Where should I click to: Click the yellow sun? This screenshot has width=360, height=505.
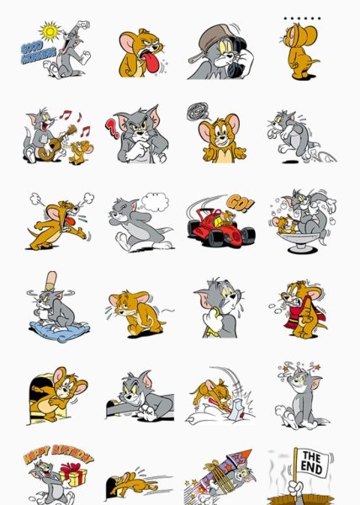click(50, 31)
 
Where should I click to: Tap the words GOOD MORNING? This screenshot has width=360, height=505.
click(38, 52)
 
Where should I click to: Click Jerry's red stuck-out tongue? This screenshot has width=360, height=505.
click(149, 62)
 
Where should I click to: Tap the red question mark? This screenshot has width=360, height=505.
click(112, 128)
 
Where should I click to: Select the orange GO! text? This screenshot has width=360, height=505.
click(240, 203)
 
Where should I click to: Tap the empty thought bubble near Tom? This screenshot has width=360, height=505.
click(155, 202)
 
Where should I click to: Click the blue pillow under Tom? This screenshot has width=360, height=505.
click(59, 331)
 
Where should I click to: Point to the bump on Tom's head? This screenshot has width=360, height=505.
click(50, 281)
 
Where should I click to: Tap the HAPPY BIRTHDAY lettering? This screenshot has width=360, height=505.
click(59, 454)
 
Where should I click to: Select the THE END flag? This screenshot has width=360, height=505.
click(313, 463)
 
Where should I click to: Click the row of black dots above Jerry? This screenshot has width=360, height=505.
click(302, 19)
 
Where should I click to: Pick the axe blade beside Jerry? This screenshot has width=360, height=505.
click(236, 409)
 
